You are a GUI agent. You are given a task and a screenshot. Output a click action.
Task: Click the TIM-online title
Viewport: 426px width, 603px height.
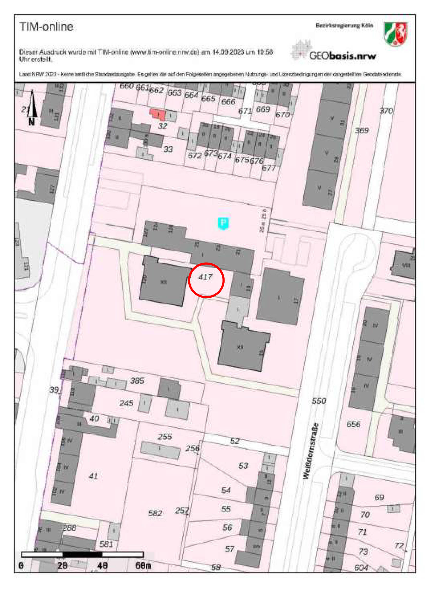[x=46, y=26]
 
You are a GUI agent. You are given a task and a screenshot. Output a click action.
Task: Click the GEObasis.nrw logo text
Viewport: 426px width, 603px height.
[x=342, y=56]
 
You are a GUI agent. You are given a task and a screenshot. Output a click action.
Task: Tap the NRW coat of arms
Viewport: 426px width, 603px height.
[x=395, y=34]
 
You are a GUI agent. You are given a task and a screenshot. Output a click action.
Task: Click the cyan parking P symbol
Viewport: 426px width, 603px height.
[x=223, y=223]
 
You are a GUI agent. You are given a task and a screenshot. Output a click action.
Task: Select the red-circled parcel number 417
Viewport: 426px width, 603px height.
[x=205, y=277]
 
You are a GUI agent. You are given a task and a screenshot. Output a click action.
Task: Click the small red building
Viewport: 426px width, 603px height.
[x=158, y=114]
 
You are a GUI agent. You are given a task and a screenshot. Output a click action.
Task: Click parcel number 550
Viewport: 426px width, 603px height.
[x=319, y=401]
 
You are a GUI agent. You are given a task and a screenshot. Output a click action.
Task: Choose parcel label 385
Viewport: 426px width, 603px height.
[x=137, y=380]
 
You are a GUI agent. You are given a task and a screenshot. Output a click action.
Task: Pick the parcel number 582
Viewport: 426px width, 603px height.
[x=155, y=513]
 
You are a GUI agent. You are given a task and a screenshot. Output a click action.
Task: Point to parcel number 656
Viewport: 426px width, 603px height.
[x=353, y=424]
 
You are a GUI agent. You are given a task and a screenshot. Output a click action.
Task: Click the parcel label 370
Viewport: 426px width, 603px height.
[x=386, y=111]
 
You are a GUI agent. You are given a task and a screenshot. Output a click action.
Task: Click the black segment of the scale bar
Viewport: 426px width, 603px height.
[x=82, y=555]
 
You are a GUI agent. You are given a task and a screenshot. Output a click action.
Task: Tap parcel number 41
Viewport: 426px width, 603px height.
[x=93, y=476]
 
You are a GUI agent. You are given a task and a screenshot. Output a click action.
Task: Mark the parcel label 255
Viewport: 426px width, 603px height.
[x=165, y=436]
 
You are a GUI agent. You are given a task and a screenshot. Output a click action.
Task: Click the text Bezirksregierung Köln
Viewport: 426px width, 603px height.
[x=344, y=26]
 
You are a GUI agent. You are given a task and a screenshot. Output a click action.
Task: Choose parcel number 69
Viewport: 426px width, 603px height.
[x=379, y=497]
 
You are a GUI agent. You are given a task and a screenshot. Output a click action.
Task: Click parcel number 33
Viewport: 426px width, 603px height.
[x=168, y=149]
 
